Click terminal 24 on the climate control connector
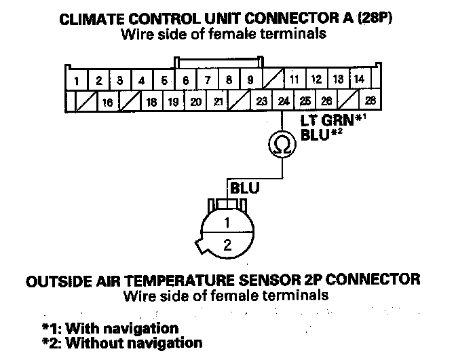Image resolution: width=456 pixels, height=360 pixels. [282, 102]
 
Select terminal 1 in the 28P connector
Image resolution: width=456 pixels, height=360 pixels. [77, 81]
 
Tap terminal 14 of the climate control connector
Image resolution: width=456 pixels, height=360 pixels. [360, 79]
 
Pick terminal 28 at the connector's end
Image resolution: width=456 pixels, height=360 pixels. [370, 102]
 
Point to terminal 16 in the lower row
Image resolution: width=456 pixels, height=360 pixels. [107, 103]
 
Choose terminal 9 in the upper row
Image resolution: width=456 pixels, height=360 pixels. [250, 80]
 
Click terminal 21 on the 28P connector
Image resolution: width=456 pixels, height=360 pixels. [218, 102]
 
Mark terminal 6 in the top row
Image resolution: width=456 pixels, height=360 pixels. [186, 80]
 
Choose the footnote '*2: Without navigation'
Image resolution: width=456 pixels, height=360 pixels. [121, 343]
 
